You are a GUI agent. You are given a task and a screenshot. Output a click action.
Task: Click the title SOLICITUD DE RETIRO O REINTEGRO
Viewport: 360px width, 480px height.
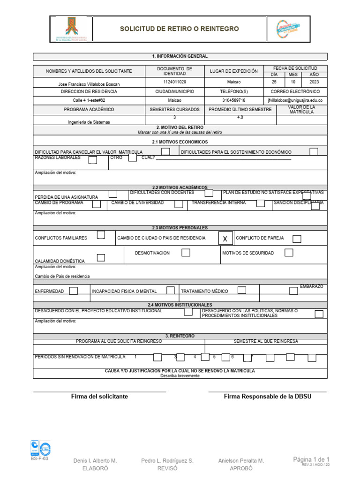[180, 29]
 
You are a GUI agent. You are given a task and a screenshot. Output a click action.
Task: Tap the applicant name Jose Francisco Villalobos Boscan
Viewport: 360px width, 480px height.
[89, 84]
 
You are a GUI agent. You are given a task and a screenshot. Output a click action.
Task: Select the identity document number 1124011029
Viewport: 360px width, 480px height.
[174, 82]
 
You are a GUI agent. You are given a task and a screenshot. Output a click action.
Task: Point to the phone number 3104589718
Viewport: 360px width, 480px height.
[233, 100]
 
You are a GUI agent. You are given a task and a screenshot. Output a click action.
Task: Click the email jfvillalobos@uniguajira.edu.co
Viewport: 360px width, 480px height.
[295, 100]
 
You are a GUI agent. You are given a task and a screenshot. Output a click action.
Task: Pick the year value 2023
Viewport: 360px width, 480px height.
[314, 82]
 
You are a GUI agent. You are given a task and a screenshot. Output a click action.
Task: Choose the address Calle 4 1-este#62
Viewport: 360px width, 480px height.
[89, 100]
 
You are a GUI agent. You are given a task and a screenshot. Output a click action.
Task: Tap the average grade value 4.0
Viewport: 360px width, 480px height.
[240, 117]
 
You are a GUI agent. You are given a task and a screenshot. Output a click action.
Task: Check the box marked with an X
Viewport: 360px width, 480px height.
[225, 239]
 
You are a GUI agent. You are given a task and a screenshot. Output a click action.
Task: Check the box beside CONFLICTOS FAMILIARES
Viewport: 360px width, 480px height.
[101, 235]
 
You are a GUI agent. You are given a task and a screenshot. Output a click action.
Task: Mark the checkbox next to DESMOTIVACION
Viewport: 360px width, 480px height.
[186, 253]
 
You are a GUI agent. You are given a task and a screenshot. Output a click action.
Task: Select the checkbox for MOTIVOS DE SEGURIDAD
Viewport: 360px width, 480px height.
[289, 253]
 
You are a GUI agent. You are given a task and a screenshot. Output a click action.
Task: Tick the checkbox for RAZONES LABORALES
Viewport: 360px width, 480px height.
[93, 160]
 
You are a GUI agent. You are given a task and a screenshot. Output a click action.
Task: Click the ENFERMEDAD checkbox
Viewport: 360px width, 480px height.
[73, 291]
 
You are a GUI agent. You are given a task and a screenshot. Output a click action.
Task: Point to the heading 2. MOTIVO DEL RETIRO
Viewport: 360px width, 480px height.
[180, 127]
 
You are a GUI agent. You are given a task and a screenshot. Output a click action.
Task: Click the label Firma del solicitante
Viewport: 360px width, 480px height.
[99, 397]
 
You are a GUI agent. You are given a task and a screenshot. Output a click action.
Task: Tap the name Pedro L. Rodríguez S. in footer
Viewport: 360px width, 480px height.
[167, 461]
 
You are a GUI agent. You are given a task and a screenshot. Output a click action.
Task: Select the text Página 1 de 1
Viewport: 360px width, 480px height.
[311, 459]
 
